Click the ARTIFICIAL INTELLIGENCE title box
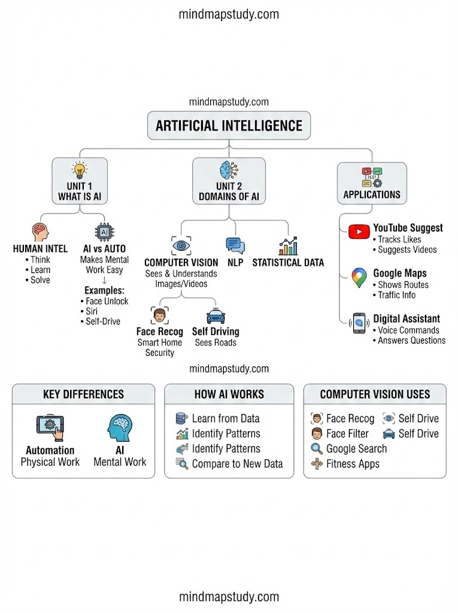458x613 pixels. point(229,126)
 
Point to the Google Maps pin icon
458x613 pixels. point(359,278)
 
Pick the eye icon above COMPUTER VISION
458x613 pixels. point(181,245)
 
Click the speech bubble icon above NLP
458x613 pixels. point(235,245)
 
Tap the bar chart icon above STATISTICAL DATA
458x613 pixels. point(288,245)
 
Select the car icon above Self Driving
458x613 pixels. point(216,315)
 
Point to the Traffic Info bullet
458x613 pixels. point(396,295)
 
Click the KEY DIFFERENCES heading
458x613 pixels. point(83,394)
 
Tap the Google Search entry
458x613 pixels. point(356,448)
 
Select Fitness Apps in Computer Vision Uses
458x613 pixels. point(353,463)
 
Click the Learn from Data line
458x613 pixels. point(225,418)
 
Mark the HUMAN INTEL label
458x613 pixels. point(40,248)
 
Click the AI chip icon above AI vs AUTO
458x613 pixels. point(105,232)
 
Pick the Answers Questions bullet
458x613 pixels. point(411,340)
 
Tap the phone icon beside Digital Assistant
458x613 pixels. point(359,323)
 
